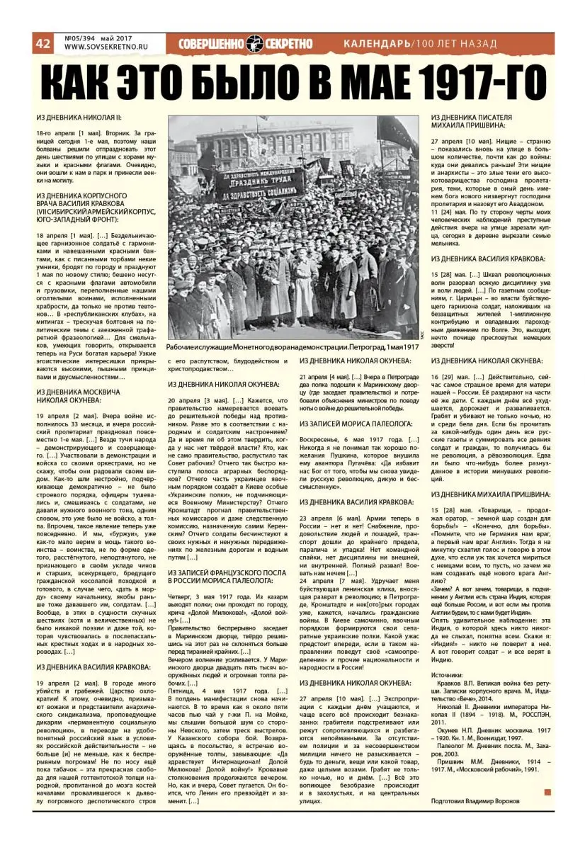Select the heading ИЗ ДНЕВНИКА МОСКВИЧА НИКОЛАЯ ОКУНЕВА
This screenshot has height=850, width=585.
(79, 396)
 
